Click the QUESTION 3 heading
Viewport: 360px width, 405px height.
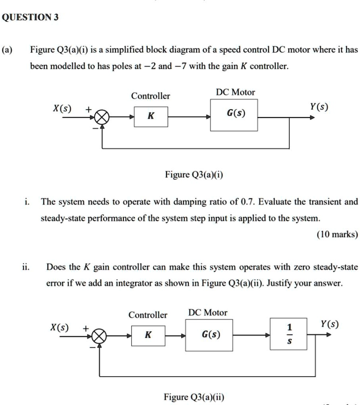[30, 18]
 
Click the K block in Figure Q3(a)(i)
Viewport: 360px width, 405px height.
[151, 116]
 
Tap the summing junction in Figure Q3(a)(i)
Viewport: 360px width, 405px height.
[102, 117]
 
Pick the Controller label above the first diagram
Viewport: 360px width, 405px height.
[150, 96]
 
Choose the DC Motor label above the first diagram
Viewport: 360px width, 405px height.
[235, 92]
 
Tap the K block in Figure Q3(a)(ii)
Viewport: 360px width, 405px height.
[148, 335]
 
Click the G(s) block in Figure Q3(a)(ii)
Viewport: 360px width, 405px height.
[209, 335]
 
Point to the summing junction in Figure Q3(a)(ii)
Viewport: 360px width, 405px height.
[99, 337]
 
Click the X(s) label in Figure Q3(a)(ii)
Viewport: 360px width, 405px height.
[59, 328]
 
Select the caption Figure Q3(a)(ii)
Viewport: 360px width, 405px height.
[194, 397]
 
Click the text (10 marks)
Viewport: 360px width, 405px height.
[337, 234]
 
